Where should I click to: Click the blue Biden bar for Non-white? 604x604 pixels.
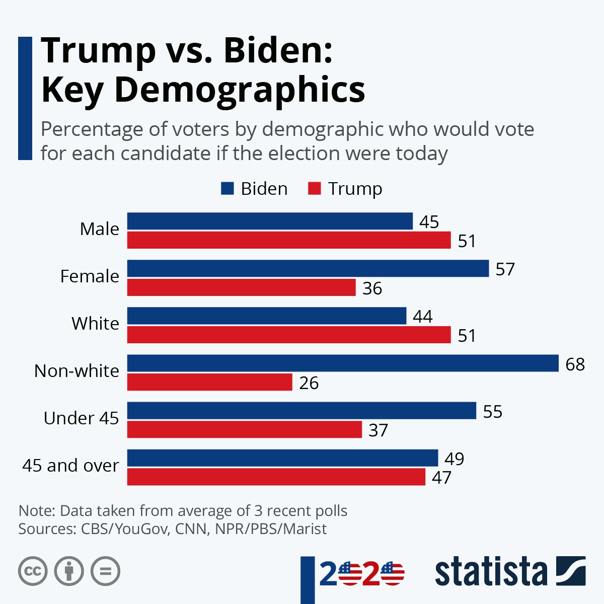(x=342, y=363)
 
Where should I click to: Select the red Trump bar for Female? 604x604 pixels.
(x=241, y=288)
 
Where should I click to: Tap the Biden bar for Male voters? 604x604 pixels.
(x=270, y=221)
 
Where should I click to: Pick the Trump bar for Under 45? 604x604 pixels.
(x=244, y=430)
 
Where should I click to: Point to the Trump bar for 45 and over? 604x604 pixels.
(x=276, y=477)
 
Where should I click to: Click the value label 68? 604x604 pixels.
(x=575, y=364)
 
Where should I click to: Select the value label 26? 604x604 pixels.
(x=309, y=383)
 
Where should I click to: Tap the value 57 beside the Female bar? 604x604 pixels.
(x=505, y=269)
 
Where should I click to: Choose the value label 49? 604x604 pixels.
(x=455, y=459)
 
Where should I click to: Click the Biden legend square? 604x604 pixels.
(x=228, y=189)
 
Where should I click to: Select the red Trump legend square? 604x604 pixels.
(x=314, y=189)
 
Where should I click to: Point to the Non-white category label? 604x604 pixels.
(x=77, y=371)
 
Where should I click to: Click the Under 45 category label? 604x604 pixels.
(x=81, y=418)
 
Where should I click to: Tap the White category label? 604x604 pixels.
(x=95, y=323)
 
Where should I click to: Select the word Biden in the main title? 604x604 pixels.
(x=278, y=50)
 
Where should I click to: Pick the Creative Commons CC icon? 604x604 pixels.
(x=33, y=571)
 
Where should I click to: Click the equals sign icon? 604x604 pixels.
(x=105, y=571)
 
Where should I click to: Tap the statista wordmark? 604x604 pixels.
(x=491, y=571)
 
